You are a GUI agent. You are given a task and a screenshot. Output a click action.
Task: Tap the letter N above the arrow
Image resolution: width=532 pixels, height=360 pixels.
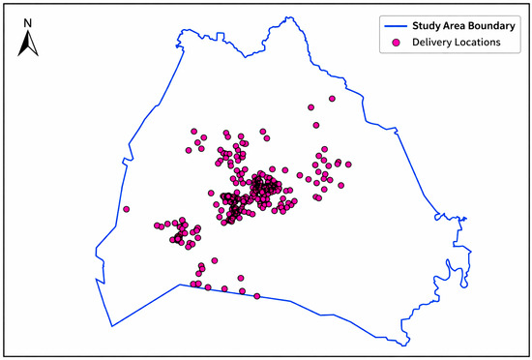click(x=30, y=21)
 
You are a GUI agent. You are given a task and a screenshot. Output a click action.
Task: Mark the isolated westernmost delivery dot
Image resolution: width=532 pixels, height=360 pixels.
click(x=125, y=209)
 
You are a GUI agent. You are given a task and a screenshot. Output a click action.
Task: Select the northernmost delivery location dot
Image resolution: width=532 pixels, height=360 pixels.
click(x=332, y=99)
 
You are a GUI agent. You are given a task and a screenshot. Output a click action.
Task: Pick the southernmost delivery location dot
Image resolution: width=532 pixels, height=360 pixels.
click(x=256, y=296)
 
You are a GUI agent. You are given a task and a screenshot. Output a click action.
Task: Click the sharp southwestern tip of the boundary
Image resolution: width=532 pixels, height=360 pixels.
click(x=112, y=326)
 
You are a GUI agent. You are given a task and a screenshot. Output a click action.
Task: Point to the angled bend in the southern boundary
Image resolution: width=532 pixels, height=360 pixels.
click(x=179, y=285)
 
